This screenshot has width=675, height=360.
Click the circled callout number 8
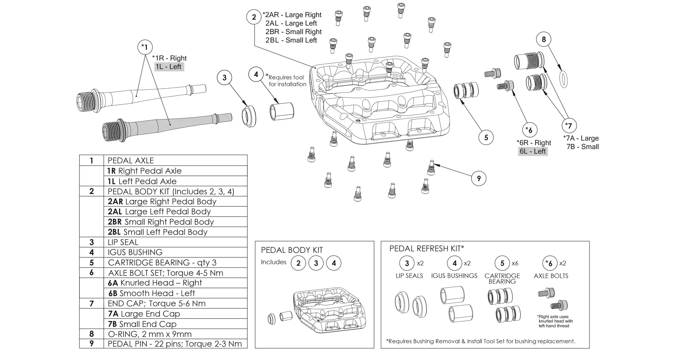(x=544, y=39)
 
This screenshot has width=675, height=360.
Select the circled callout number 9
(x=478, y=178)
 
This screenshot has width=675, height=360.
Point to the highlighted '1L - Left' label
(x=169, y=66)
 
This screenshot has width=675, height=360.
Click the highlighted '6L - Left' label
(x=533, y=151)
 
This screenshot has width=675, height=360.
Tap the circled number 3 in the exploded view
(x=225, y=77)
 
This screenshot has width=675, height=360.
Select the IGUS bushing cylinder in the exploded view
(x=281, y=111)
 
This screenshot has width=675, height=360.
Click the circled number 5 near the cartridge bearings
(x=486, y=137)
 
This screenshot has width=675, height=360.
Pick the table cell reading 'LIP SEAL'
(x=123, y=242)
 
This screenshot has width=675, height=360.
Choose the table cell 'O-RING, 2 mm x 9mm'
(x=150, y=334)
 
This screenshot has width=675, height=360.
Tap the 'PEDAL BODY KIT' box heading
(x=292, y=250)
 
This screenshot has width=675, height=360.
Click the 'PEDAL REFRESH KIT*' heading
(x=426, y=249)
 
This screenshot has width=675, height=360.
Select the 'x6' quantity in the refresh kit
(x=515, y=263)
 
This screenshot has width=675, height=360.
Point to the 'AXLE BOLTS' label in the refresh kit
(x=551, y=276)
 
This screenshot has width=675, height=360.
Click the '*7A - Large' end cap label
(x=581, y=138)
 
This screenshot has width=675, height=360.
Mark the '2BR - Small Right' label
(x=294, y=32)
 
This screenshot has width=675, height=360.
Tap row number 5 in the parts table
(x=91, y=263)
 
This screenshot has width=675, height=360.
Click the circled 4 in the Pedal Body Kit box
(x=334, y=263)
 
